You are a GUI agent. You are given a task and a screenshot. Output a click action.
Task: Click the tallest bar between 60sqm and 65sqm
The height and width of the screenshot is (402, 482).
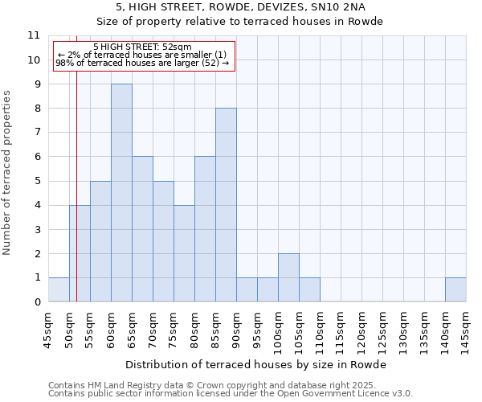(121, 193)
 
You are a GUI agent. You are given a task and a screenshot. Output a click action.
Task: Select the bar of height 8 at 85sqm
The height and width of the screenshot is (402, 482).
(226, 205)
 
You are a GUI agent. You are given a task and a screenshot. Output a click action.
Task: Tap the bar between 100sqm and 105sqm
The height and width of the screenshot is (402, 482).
(288, 277)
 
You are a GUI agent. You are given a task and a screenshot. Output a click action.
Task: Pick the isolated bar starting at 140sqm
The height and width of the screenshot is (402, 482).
(455, 289)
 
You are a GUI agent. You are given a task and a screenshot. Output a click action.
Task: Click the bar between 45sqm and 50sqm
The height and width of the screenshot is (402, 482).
(59, 289)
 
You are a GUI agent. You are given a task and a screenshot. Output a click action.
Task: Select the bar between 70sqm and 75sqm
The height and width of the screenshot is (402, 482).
(163, 241)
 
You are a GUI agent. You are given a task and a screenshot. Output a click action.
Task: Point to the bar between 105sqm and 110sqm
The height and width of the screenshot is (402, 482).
(309, 289)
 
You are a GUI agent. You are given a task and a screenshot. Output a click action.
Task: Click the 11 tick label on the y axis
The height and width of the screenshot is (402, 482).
(34, 35)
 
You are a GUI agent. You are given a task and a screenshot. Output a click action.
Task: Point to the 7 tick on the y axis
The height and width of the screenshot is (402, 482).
(37, 133)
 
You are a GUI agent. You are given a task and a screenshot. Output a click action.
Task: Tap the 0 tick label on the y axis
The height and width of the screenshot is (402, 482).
(37, 302)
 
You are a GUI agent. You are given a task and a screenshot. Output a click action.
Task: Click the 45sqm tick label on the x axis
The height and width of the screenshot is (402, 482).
(48, 330)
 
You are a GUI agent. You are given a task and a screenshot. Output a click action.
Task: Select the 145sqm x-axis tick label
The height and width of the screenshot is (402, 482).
(466, 332)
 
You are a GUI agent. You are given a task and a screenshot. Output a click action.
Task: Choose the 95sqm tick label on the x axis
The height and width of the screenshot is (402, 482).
(257, 330)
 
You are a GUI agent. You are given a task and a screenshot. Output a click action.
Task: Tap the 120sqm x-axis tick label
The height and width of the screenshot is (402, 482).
(361, 332)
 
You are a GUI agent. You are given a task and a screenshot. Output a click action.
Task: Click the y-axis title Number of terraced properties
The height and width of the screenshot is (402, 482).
(8, 172)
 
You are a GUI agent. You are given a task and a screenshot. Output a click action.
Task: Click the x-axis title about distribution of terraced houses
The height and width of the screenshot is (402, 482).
(257, 364)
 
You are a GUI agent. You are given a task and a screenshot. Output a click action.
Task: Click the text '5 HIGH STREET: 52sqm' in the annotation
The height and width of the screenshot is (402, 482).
(142, 47)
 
